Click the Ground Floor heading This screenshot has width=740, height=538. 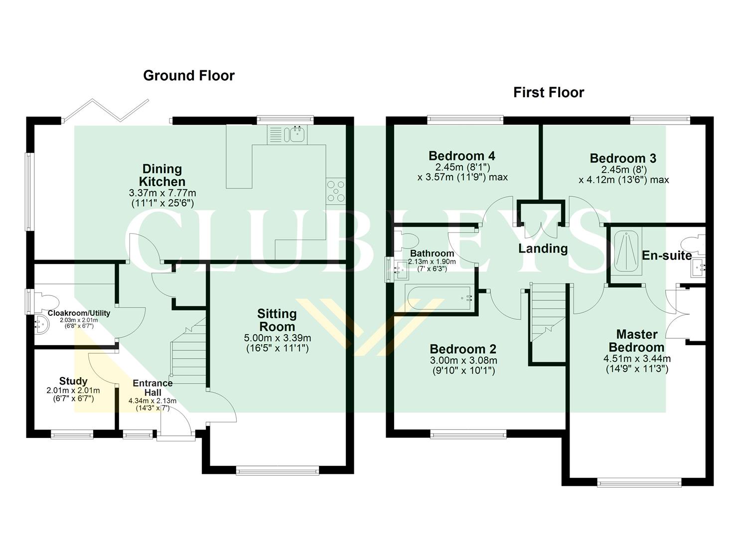188,76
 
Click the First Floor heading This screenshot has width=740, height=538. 549,93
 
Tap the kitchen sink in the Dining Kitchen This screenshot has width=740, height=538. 296,134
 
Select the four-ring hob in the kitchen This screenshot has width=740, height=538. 335,191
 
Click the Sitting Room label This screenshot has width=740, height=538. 277,320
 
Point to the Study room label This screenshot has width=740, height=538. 73,381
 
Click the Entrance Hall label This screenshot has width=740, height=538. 152,388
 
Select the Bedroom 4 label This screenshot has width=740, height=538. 461,156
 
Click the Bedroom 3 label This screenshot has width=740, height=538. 623,158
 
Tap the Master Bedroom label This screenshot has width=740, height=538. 636,341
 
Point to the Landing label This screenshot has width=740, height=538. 543,249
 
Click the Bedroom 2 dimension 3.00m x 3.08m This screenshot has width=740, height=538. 463,361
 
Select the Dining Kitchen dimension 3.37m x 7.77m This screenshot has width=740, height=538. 162,193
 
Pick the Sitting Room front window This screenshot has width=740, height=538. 277,469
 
